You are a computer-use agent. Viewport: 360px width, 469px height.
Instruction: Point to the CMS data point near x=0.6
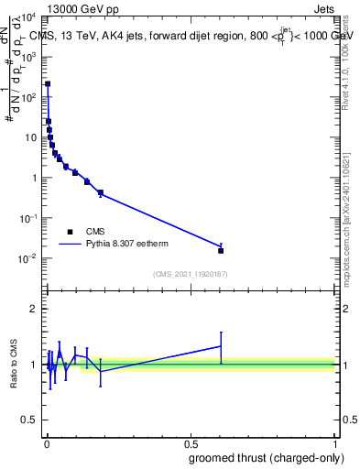pyautogui.click(x=221, y=250)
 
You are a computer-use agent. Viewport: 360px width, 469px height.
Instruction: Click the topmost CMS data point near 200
pyautogui.click(x=48, y=83)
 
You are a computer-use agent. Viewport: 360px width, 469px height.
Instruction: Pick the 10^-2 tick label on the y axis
pyautogui.click(x=28, y=257)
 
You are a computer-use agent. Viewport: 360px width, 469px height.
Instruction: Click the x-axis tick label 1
pyautogui.click(x=335, y=443)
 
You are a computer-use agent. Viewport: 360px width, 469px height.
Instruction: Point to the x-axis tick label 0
pyautogui.click(x=47, y=443)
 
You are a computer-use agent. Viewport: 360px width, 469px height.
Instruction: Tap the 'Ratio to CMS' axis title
pyautogui.click(x=13, y=365)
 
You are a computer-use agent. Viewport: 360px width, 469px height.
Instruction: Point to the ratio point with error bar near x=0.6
pyautogui.click(x=221, y=346)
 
